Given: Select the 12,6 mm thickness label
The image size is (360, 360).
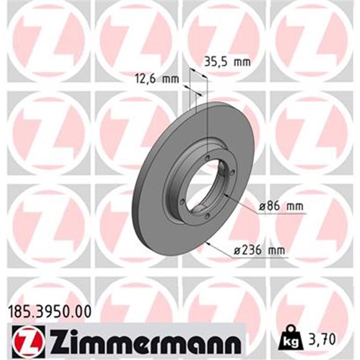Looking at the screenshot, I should pos(156,78).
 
